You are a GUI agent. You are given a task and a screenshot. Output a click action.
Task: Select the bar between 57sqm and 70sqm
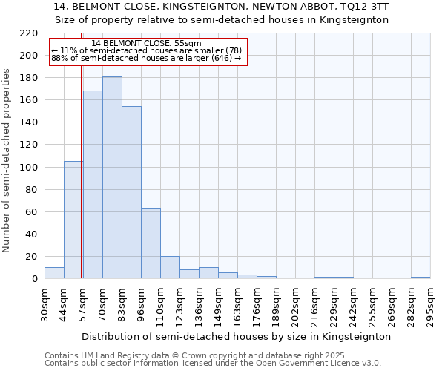[93, 185]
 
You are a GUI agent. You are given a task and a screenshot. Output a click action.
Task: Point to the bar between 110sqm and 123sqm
[170, 268]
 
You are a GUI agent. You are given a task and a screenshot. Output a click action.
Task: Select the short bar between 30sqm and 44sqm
[54, 273]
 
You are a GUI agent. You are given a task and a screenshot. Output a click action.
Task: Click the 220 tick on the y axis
[29, 33]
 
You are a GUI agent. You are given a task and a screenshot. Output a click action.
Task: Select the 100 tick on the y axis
[29, 168]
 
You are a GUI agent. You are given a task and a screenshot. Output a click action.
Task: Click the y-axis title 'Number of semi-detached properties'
[7, 160]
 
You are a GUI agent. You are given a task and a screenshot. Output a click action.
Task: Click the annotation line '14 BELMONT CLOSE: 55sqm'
[146, 44]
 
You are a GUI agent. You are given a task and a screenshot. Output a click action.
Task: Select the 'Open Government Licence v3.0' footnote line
[213, 363]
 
